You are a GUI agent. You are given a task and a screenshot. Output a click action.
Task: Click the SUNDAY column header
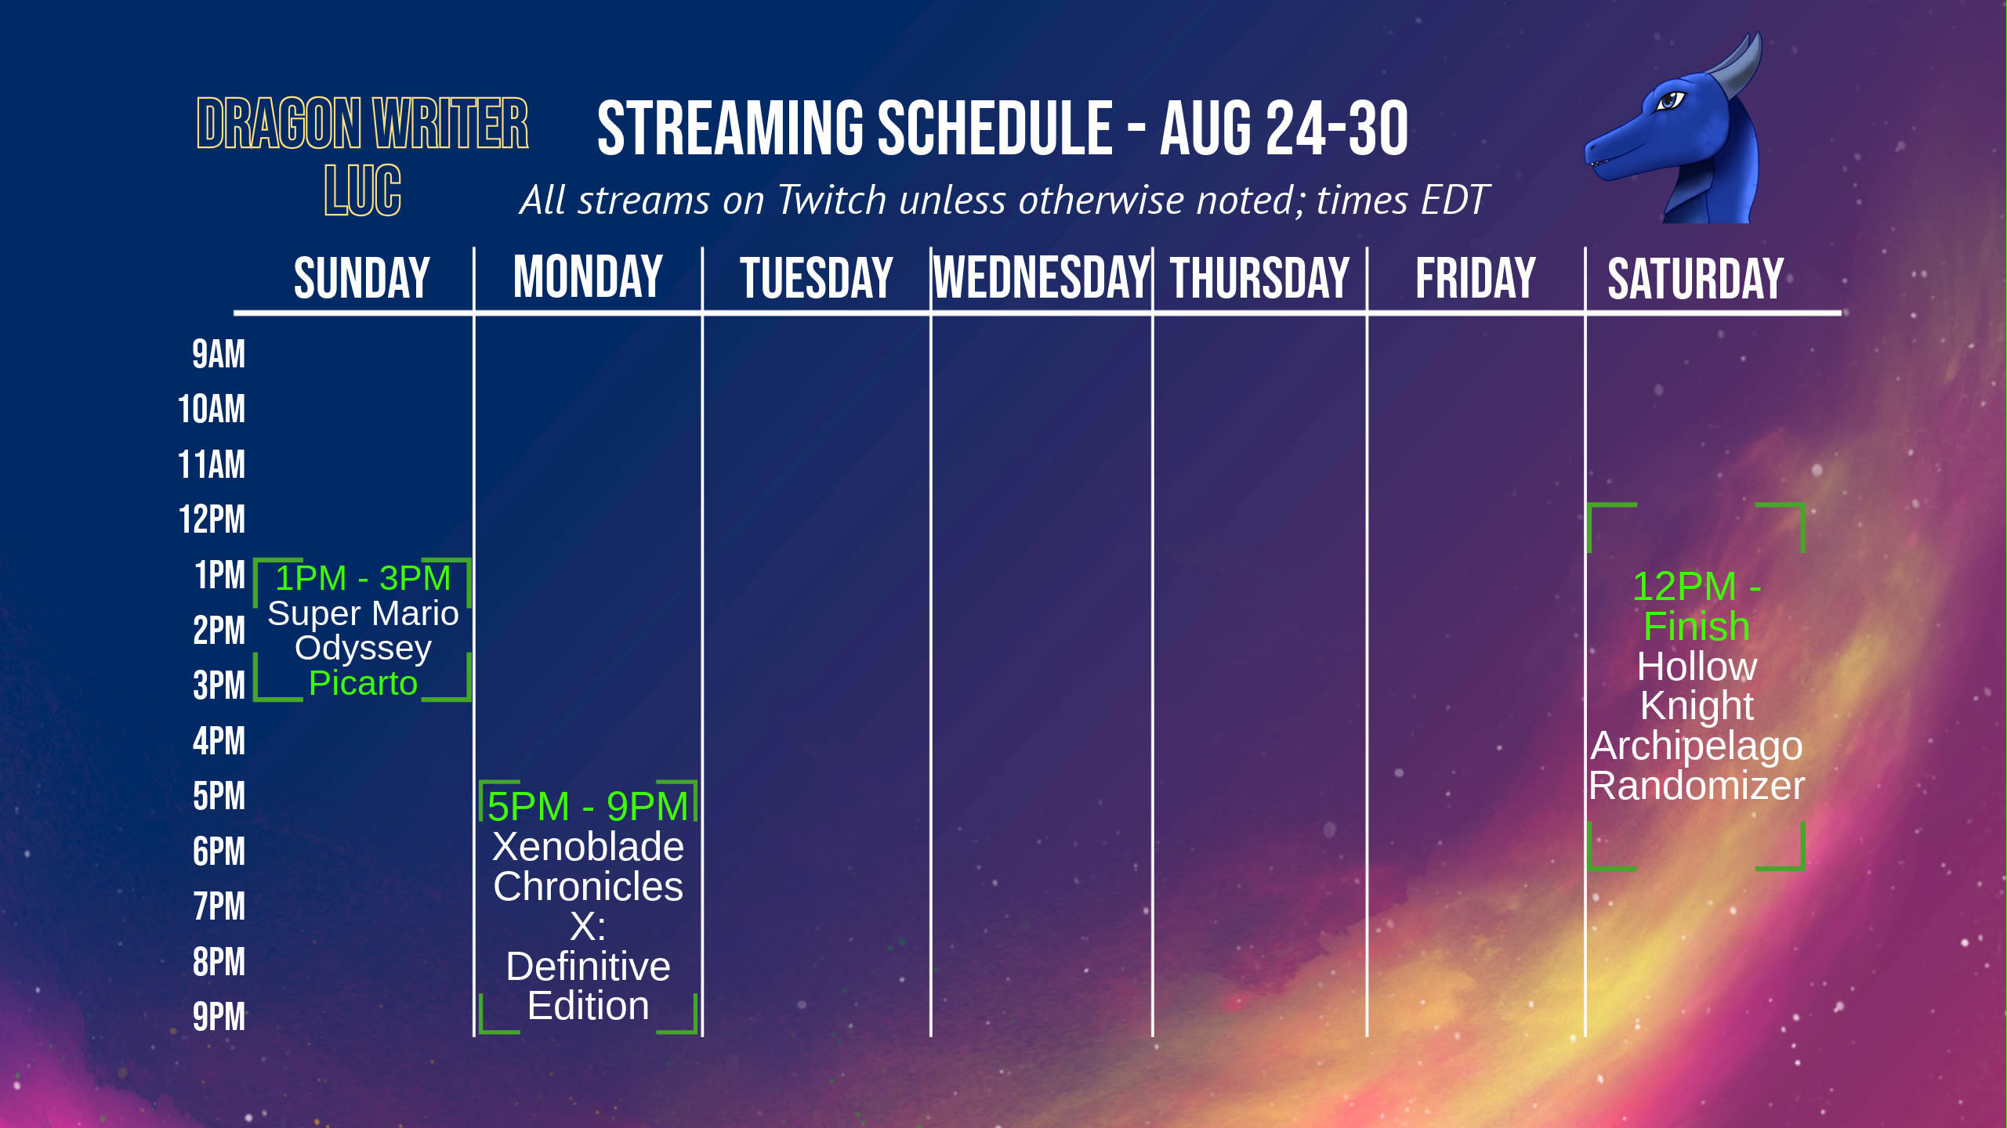point(362,278)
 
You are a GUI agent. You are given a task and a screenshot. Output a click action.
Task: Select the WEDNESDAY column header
point(1042,278)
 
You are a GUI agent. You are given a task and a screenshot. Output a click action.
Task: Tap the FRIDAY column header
point(1476,278)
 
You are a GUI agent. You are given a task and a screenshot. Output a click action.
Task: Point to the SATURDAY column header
point(1696,278)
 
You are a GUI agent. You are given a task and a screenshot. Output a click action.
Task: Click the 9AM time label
point(219,354)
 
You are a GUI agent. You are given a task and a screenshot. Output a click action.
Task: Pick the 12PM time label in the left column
point(212,519)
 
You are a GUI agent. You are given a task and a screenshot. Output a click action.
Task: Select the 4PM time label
point(219,741)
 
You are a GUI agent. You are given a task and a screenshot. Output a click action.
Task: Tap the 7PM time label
point(219,906)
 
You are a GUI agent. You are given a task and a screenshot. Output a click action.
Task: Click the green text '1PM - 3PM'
point(363,578)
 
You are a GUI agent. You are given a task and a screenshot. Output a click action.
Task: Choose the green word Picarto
point(363,683)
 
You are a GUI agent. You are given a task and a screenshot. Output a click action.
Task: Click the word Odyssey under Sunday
point(363,649)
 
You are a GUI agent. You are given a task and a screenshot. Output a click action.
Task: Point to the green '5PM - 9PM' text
point(588,806)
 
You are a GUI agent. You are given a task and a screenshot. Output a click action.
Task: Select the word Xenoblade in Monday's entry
point(588,847)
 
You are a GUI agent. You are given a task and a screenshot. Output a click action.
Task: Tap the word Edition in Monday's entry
point(588,1006)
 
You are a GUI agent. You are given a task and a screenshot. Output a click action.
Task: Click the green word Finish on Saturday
point(1697,627)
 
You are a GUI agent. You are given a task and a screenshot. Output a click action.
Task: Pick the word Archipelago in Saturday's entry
point(1697,747)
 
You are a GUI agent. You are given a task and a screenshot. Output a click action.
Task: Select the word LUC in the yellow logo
point(363,190)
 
